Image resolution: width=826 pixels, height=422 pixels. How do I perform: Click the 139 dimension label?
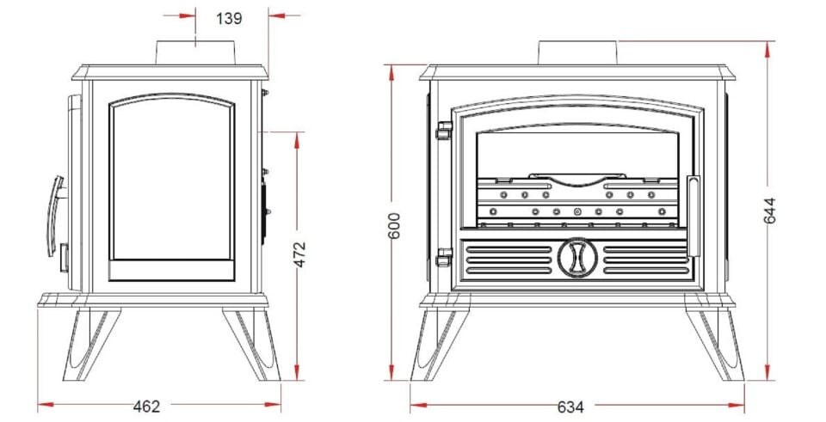coord(229,18)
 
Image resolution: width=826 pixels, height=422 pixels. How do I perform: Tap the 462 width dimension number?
coord(146,407)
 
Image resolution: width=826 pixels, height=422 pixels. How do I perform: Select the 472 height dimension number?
coord(299,254)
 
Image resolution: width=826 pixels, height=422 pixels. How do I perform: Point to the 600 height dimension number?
coord(394,225)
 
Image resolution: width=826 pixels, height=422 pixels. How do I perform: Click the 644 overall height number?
coord(769,211)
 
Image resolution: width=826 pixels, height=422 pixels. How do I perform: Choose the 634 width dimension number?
coord(570,407)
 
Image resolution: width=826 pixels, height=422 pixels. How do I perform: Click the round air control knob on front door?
coord(577,257)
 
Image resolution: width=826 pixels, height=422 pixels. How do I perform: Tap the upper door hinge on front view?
coord(444,130)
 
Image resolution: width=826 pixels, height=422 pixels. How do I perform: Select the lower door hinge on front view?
coord(444,257)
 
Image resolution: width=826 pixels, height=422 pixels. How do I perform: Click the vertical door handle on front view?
coord(693,217)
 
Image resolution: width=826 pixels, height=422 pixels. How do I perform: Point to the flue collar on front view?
coord(576,52)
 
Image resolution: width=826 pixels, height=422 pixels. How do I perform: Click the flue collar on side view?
coord(195,52)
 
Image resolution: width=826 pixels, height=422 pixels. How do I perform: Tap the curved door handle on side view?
coord(55,216)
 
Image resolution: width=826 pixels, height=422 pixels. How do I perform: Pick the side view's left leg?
coord(91,344)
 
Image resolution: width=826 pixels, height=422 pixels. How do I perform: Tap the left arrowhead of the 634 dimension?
coord(418,405)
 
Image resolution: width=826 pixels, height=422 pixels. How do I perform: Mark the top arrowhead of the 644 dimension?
coord(767,49)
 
